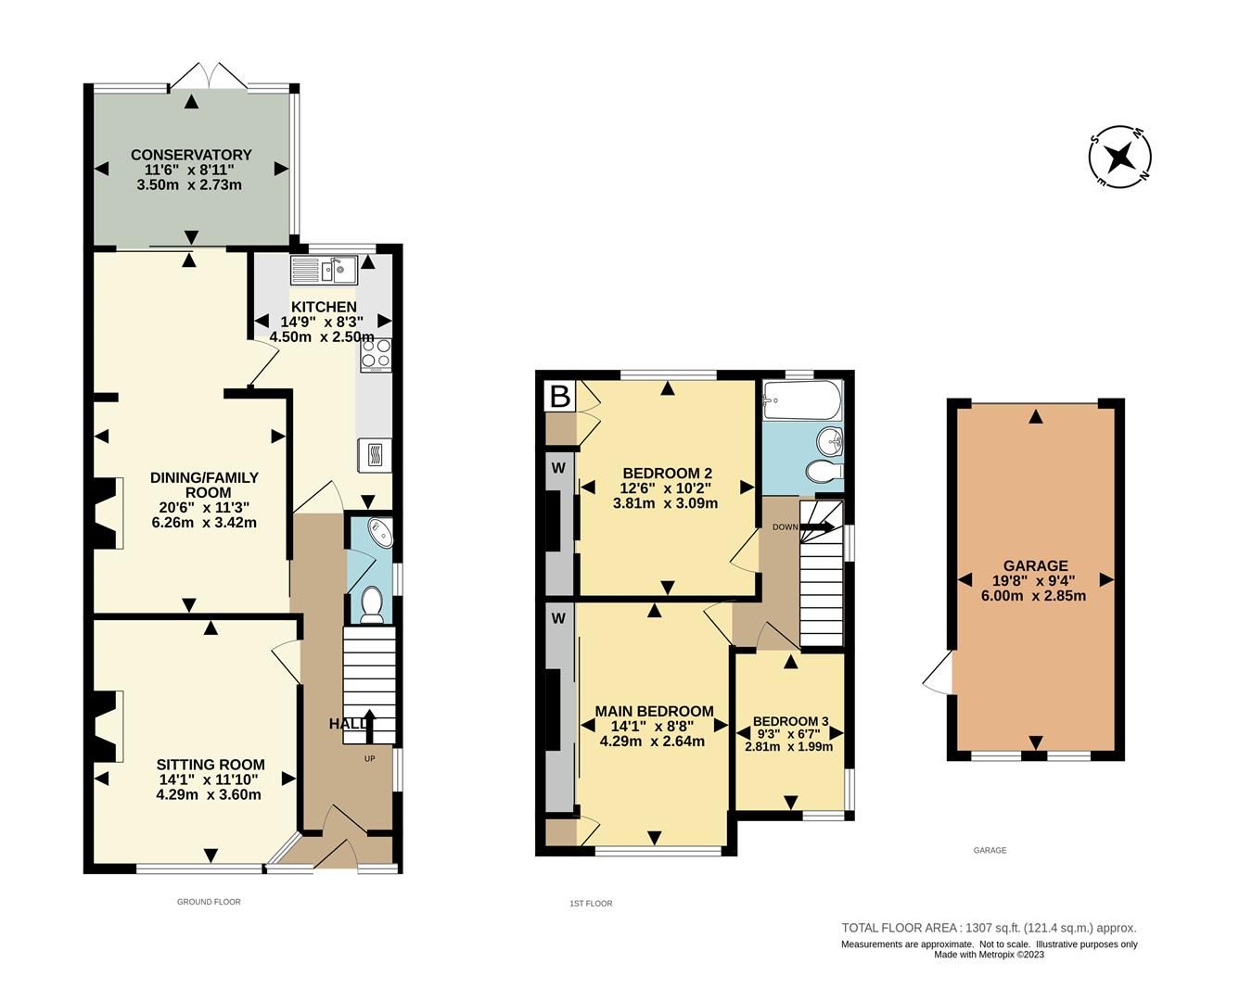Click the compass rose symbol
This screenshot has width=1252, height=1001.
pyautogui.click(x=1121, y=157)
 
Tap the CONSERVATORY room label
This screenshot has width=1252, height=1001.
pyautogui.click(x=191, y=155)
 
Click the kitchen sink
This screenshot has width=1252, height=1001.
pyautogui.click(x=325, y=271)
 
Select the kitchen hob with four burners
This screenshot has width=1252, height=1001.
pyautogui.click(x=376, y=354)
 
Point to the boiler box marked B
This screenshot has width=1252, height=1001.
pyautogui.click(x=559, y=397)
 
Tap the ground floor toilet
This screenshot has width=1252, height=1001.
pyautogui.click(x=372, y=603)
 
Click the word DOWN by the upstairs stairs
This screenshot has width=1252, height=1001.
pyautogui.click(x=785, y=527)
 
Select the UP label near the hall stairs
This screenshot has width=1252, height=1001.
pyautogui.click(x=369, y=759)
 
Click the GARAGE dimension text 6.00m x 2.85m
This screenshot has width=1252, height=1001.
pyautogui.click(x=1033, y=596)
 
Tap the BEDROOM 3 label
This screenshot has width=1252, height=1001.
pyautogui.click(x=790, y=721)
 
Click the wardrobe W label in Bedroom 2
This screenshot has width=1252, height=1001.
pyautogui.click(x=558, y=467)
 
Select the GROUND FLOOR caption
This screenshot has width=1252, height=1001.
pyautogui.click(x=209, y=901)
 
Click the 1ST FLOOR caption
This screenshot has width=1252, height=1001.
pyautogui.click(x=591, y=903)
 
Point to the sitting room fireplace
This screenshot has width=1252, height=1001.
pyautogui.click(x=104, y=726)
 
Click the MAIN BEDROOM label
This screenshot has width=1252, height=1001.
pyautogui.click(x=654, y=711)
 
